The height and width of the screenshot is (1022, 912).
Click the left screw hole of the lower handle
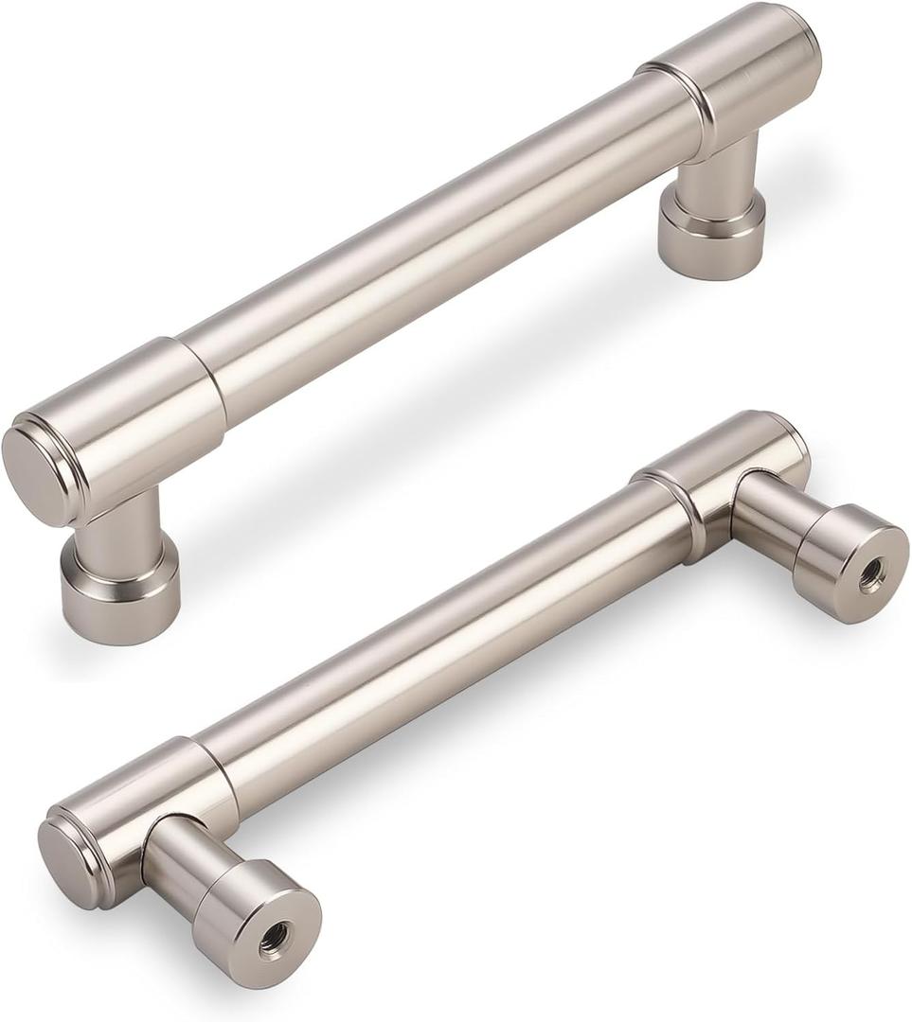(x=275, y=937)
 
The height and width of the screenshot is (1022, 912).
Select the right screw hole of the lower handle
(x=871, y=573)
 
